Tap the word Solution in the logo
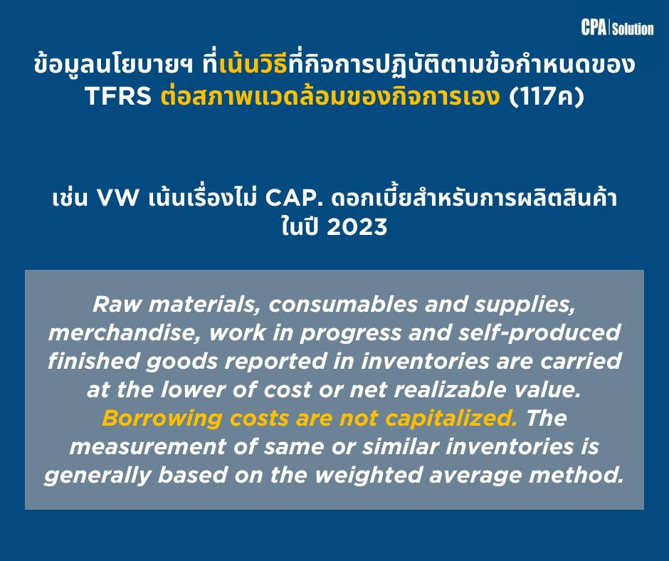click(x=633, y=28)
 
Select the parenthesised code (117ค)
click(x=546, y=96)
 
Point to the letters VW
click(x=117, y=198)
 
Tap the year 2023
click(x=357, y=226)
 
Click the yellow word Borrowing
click(x=162, y=418)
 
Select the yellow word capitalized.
click(x=451, y=418)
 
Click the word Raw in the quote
click(x=116, y=305)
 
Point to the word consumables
click(x=343, y=305)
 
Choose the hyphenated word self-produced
click(x=539, y=333)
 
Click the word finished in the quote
click(x=93, y=361)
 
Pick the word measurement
click(x=147, y=446)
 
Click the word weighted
click(x=369, y=475)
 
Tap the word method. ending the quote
click(x=576, y=475)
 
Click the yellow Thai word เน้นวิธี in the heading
click(x=253, y=65)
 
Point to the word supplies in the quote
click(x=525, y=305)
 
